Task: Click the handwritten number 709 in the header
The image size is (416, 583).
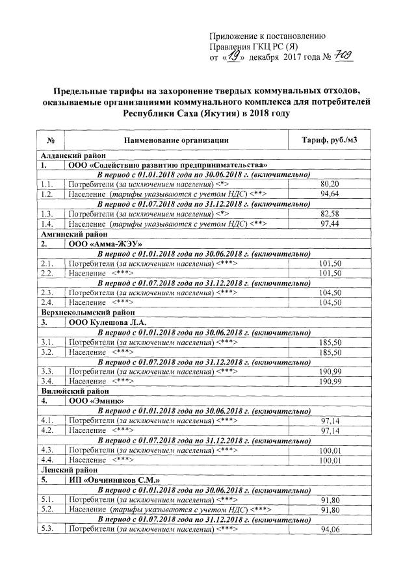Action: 339,57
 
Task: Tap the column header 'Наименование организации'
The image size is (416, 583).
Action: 174,140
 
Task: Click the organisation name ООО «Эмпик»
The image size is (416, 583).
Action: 97,401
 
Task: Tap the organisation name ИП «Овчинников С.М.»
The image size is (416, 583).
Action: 116,479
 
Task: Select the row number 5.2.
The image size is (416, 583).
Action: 47,510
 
